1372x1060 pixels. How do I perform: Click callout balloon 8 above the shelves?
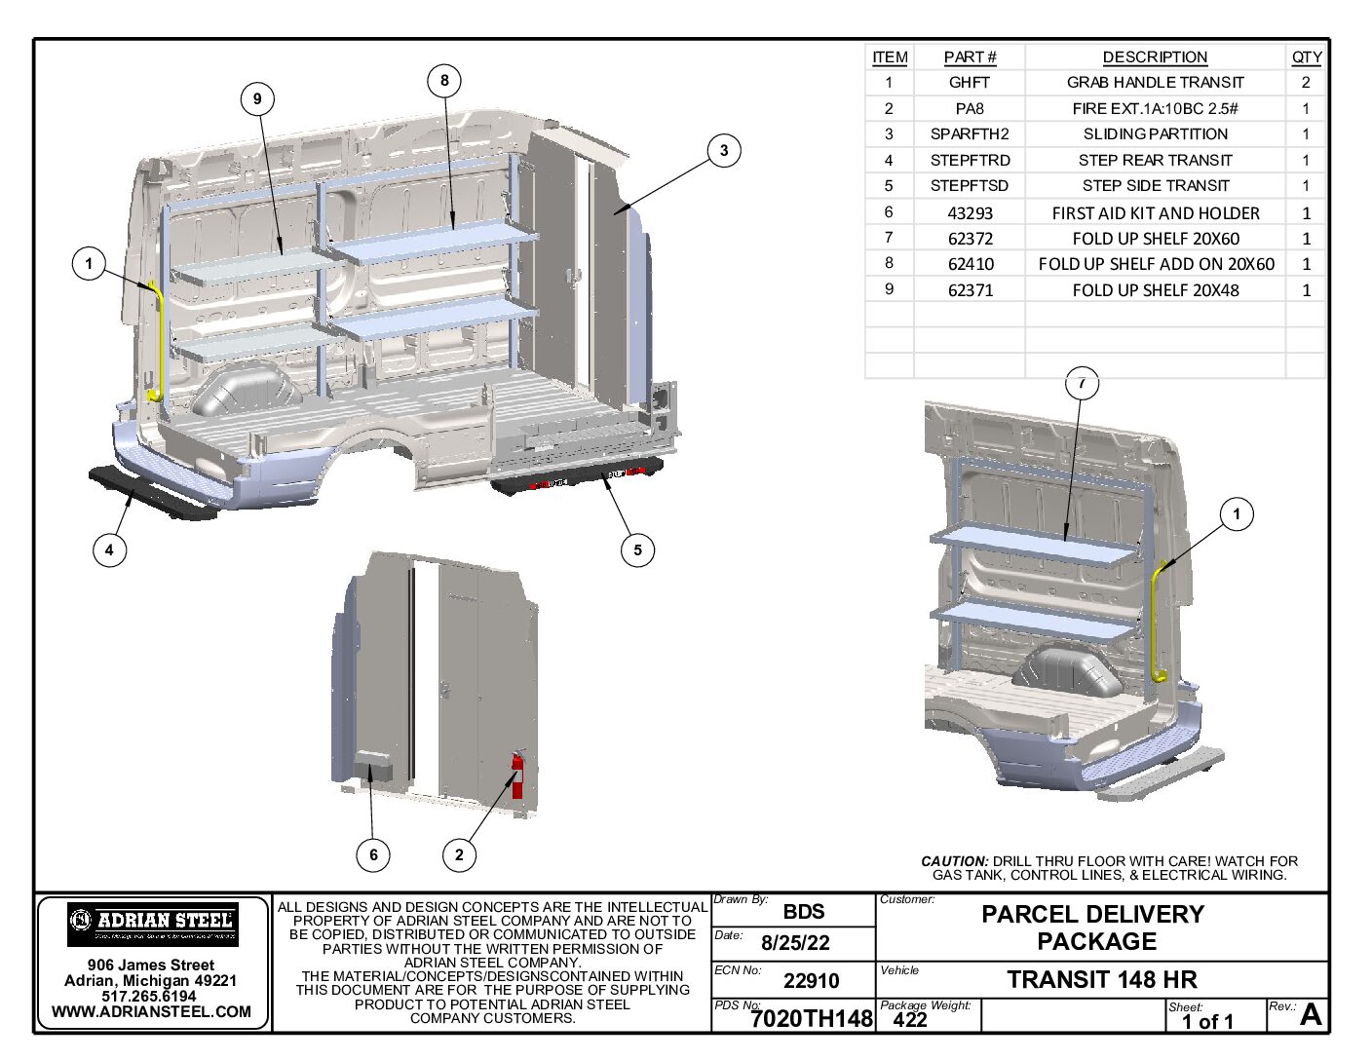[x=444, y=81]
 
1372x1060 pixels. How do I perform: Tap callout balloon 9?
[x=257, y=98]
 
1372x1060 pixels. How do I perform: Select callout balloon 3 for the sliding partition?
[x=723, y=150]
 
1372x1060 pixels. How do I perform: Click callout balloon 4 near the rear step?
[x=109, y=549]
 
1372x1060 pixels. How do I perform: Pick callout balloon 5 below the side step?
[x=637, y=549]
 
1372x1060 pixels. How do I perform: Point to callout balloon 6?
[x=373, y=855]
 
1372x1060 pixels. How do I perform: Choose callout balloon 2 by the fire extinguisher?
[x=459, y=855]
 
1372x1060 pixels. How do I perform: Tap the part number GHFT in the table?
[x=969, y=83]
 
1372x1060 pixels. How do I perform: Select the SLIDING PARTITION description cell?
[x=1155, y=134]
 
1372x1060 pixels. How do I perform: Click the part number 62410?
[x=970, y=264]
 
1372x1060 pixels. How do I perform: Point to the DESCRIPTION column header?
[x=1155, y=57]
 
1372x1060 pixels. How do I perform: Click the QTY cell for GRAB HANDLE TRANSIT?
[x=1306, y=83]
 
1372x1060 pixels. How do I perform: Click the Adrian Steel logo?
[x=153, y=924]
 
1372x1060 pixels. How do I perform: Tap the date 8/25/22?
[x=795, y=943]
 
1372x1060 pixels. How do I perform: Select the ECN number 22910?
[x=811, y=981]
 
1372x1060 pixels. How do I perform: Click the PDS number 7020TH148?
[x=811, y=1019]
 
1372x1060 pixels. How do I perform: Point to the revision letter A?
[x=1311, y=1015]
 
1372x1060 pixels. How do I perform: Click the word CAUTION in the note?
[x=954, y=861]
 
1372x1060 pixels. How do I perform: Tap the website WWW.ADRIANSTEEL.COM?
[x=151, y=1012]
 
